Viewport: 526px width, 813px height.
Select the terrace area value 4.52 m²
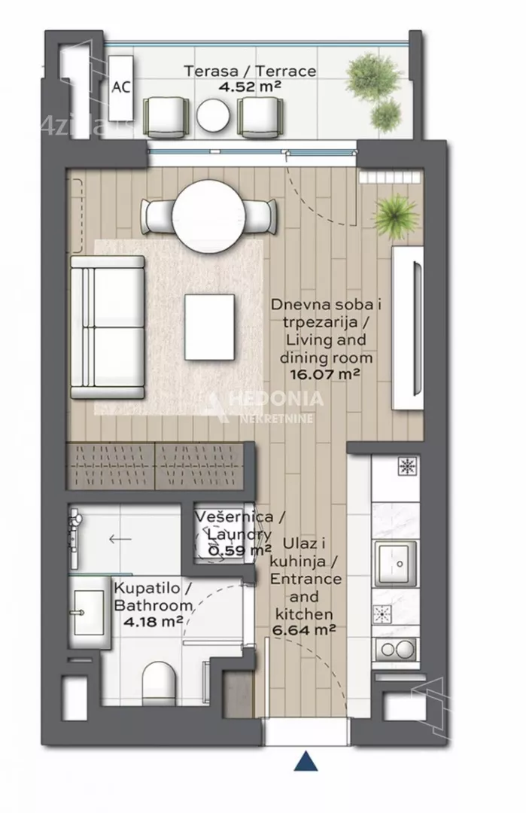pos(249,87)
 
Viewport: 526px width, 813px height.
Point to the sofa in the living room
pos(108,327)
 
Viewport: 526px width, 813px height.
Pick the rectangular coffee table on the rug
pos(209,327)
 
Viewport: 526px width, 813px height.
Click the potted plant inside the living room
pos(397,217)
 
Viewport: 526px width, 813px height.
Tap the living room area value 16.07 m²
pos(324,374)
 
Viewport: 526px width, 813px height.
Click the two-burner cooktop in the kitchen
pos(397,648)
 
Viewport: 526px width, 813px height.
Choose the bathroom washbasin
pos(89,612)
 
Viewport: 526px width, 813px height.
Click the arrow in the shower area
pos(120,539)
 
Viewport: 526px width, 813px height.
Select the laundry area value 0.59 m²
pos(239,550)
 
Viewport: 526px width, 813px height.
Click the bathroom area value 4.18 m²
pos(153,620)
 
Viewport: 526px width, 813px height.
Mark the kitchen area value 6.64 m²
pos(304,631)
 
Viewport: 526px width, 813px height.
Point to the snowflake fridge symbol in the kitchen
pos(408,466)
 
